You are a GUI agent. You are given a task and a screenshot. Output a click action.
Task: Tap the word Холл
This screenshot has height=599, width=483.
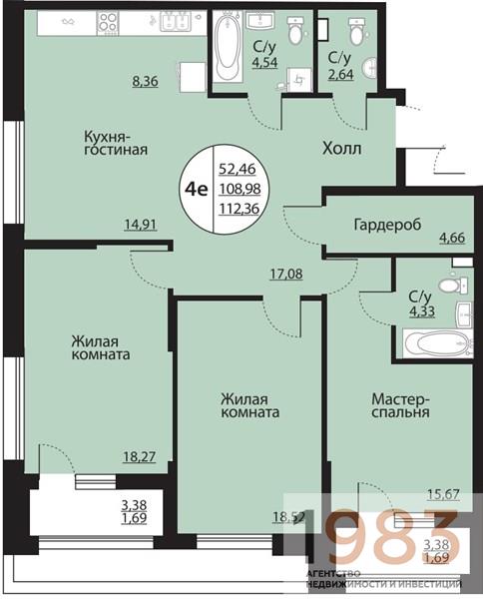click(x=341, y=149)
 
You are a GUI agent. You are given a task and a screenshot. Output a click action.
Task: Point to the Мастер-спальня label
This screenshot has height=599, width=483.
click(x=400, y=402)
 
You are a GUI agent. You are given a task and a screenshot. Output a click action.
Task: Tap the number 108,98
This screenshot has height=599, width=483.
click(x=239, y=189)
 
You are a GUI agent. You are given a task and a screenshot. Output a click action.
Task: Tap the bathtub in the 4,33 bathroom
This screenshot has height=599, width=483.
click(x=434, y=344)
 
